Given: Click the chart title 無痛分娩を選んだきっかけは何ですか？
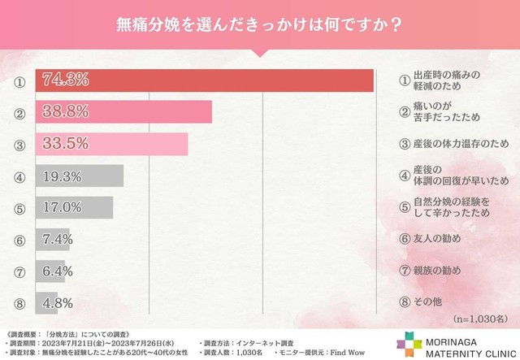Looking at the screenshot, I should (x=260, y=24).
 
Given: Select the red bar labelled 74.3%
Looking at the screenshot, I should (x=204, y=80).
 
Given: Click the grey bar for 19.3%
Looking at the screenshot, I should (x=79, y=176).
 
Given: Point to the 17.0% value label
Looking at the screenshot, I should (x=62, y=207).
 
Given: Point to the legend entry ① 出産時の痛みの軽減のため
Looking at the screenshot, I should (x=442, y=80).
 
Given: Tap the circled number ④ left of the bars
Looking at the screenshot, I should (x=19, y=176).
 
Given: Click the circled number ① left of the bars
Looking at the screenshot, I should (x=19, y=80).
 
